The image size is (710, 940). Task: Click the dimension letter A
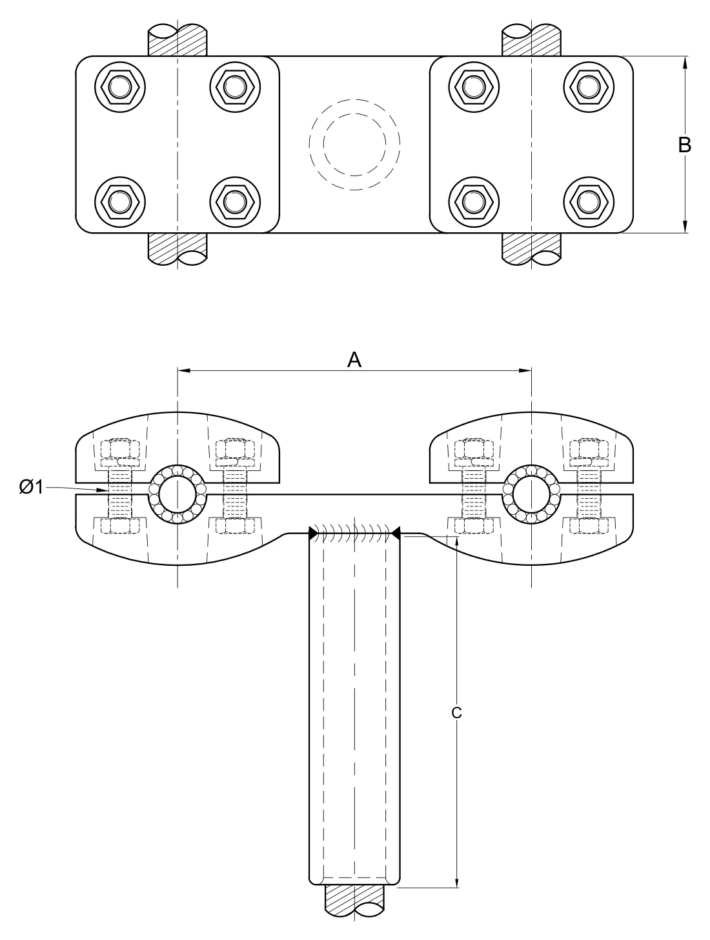click(354, 360)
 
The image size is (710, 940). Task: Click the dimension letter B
click(684, 145)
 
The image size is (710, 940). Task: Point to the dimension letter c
click(456, 712)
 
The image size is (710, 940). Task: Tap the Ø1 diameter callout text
click(31, 487)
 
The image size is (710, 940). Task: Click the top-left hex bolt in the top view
click(120, 87)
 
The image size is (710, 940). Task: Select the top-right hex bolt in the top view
click(589, 87)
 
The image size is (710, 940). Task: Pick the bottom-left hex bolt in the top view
click(120, 202)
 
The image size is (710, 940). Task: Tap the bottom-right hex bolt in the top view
click(589, 202)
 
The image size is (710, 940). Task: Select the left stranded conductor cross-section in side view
click(177, 494)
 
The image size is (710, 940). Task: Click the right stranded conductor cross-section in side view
click(531, 494)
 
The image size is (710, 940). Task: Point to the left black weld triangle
click(313, 533)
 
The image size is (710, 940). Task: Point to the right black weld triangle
click(396, 533)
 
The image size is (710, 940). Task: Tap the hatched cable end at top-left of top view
click(177, 40)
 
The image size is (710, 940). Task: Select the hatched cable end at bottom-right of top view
click(531, 249)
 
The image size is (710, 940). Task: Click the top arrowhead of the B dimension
click(684, 63)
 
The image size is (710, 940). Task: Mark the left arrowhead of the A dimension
click(184, 370)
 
